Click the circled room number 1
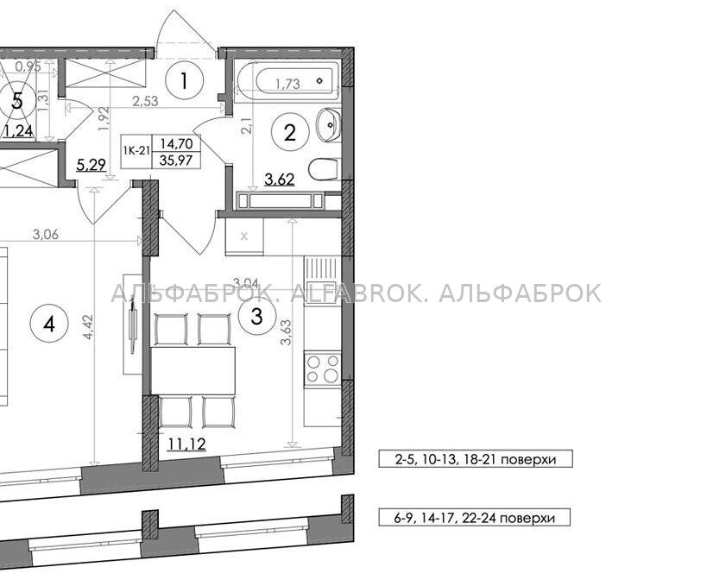(x=184, y=81)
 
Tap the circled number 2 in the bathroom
(x=290, y=133)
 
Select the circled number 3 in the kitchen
(x=257, y=316)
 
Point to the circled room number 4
(x=49, y=325)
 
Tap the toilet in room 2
(x=325, y=169)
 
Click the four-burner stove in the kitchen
(x=323, y=369)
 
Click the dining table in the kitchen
(x=193, y=369)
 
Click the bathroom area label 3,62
(x=280, y=180)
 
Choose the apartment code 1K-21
(x=136, y=151)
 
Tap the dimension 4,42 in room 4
(x=89, y=326)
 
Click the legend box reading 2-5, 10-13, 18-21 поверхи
(x=475, y=459)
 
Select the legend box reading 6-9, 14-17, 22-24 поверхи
(x=474, y=517)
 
